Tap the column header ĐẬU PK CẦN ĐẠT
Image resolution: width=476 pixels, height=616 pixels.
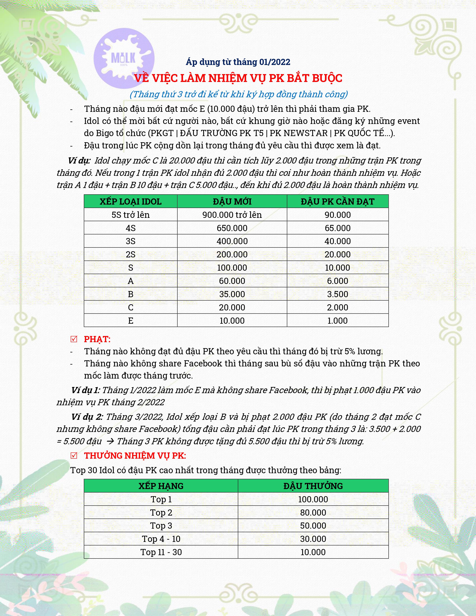[337, 202]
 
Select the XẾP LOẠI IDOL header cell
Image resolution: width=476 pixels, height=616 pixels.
[130, 202]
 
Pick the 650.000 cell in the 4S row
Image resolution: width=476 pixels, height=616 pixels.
[232, 228]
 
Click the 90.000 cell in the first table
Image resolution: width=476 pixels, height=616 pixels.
[337, 215]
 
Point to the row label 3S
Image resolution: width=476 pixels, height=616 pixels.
[130, 241]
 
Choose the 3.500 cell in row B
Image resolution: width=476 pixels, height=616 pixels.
[337, 294]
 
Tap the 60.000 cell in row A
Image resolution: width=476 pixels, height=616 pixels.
[232, 281]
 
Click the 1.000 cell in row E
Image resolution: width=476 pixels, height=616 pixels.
[337, 321]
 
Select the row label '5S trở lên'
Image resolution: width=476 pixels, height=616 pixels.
[130, 215]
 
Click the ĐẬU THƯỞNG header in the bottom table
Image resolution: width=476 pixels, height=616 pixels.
[313, 486]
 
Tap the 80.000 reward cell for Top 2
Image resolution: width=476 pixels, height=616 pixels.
[313, 512]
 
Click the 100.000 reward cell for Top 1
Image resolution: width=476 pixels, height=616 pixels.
[313, 499]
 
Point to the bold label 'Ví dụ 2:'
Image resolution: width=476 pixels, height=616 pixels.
[87, 417]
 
